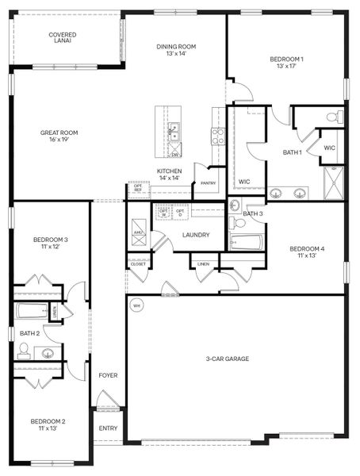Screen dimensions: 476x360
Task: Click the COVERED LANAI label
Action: coord(62,37)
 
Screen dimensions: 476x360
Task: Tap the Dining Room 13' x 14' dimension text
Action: coord(176,55)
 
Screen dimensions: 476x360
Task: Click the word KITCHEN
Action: coord(169,171)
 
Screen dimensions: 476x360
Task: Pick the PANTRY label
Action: coord(208,184)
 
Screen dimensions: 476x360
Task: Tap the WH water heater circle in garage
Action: coord(136,305)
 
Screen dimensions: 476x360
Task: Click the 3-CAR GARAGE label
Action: coord(228,359)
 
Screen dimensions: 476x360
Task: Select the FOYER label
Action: coord(108,374)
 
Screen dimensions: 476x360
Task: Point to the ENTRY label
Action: coord(108,428)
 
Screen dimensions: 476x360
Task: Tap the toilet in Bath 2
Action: coord(24,348)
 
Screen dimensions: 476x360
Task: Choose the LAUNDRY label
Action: coord(195,235)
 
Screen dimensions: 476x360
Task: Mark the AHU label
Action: coord(137,232)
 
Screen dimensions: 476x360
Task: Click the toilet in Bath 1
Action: coord(334,117)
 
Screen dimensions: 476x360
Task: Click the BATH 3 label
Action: coord(253,214)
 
